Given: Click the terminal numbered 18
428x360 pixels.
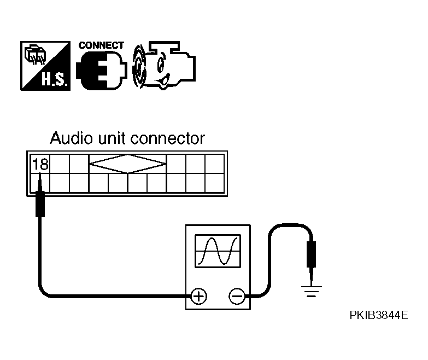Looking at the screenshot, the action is pos(40,164).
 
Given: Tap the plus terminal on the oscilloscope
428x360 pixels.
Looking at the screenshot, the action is pos(198,296).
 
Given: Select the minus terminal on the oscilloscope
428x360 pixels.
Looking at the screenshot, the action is pos(237,296).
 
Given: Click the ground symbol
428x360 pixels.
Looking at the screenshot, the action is pos(311,291).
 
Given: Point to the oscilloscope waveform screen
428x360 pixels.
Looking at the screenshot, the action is pos(218,251).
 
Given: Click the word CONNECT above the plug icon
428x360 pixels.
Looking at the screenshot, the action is pos(101,45).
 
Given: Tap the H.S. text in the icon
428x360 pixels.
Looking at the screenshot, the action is pos(54,80).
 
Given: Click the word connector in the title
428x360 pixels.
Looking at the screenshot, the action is pos(168,138).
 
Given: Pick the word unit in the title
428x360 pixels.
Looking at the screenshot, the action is pos(112,138).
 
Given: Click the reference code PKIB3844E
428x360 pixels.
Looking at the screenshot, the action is pos(379,315).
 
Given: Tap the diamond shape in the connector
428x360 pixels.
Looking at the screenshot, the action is pos(128,164).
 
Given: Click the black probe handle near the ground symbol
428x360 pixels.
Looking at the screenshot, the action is pos(311,254).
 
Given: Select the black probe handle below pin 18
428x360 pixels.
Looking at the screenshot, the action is pos(40,204).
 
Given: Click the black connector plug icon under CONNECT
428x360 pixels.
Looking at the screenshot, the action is pos(102,70).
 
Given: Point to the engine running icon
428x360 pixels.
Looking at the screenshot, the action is pos(164,66).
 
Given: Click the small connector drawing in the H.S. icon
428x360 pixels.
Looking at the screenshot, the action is pos(35,54).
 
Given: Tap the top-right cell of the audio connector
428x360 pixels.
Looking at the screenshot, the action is pos(214,164).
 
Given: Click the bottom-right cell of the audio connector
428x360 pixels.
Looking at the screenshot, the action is pos(214,183).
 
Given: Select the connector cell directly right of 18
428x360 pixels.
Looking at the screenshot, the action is pos(60,164).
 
